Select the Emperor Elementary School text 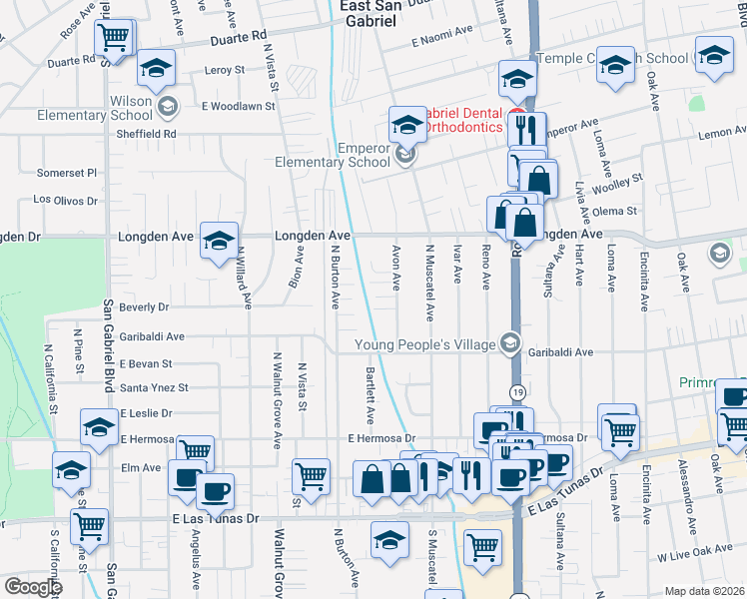point(334,155)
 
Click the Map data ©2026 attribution point(704,591)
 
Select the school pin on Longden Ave point(219,243)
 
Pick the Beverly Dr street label point(144,306)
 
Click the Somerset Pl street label point(66,172)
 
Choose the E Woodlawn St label point(238,105)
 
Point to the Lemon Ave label point(716,133)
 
